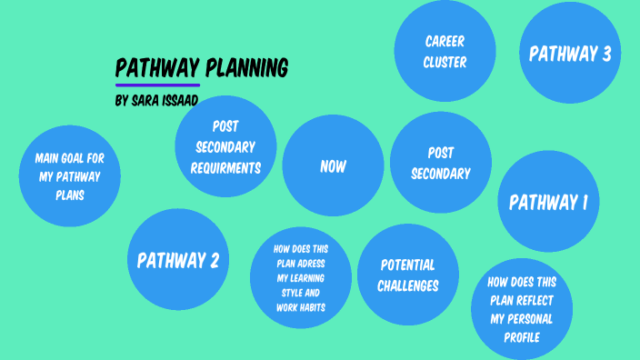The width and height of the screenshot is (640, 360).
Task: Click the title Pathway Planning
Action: pyautogui.click(x=202, y=68)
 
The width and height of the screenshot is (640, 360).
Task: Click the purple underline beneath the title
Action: pyautogui.click(x=157, y=85)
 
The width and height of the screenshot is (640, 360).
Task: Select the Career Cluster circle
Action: pyautogui.click(x=445, y=51)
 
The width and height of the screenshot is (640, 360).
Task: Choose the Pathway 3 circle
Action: pyautogui.click(x=569, y=54)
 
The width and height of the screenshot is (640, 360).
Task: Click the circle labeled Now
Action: pyautogui.click(x=333, y=166)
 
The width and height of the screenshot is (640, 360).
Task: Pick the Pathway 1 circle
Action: pyautogui.click(x=548, y=202)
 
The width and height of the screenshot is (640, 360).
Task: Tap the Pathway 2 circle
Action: pyautogui.click(x=178, y=261)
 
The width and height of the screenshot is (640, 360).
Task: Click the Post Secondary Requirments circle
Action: pyautogui.click(x=225, y=146)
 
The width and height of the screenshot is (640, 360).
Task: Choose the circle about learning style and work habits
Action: pyautogui.click(x=300, y=276)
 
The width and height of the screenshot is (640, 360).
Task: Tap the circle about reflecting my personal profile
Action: pyautogui.click(x=522, y=309)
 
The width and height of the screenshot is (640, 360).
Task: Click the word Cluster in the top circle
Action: pyautogui.click(x=445, y=63)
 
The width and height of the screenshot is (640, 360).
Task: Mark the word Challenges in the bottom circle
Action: pyautogui.click(x=409, y=285)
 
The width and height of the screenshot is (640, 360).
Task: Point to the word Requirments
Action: pyautogui.click(x=225, y=167)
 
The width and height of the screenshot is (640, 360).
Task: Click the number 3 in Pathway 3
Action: pyautogui.click(x=605, y=54)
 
